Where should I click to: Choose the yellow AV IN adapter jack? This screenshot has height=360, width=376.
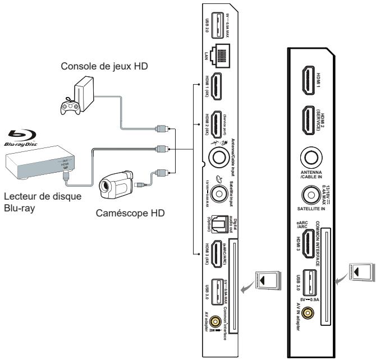point(308,313)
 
